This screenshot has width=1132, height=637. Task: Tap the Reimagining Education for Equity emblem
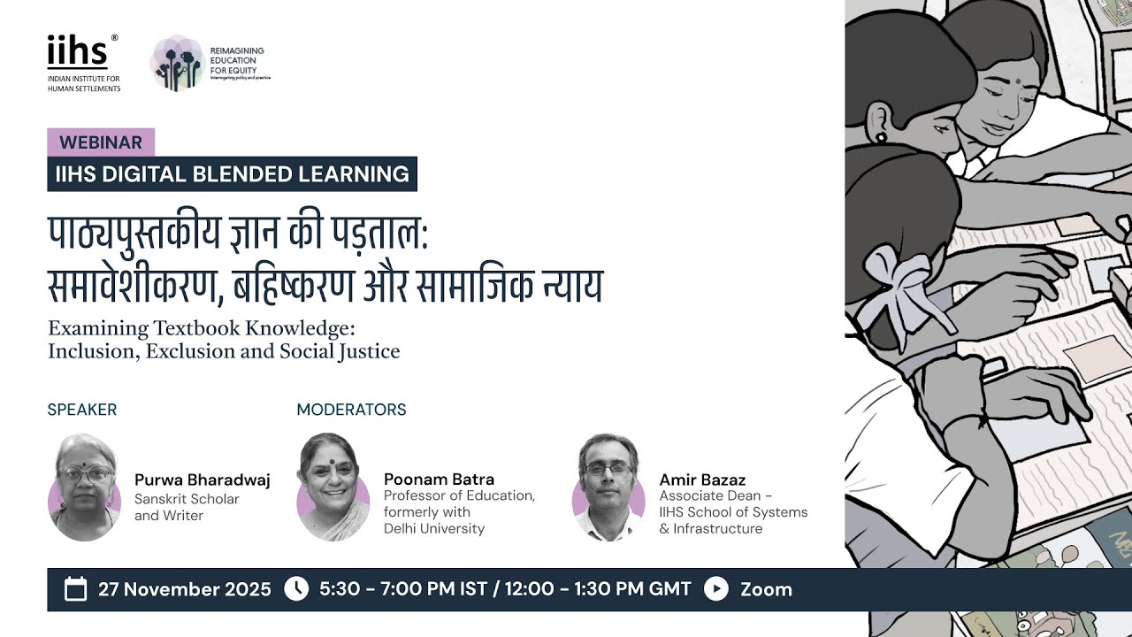(177, 63)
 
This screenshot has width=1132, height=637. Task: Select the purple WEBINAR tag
(101, 142)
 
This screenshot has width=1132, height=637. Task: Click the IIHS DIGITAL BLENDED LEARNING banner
(232, 174)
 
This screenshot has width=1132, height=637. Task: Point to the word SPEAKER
(82, 410)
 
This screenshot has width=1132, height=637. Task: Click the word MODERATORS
(351, 410)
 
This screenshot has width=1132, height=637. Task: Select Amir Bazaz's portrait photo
(608, 487)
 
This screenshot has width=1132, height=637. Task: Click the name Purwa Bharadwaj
(202, 480)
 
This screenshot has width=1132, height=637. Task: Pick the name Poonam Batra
(439, 480)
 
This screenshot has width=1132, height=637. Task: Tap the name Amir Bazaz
(702, 480)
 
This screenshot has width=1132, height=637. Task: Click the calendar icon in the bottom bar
(76, 589)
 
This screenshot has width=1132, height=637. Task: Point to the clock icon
(296, 589)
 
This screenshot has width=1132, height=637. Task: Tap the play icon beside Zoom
(716, 589)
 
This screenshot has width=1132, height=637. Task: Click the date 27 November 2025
(185, 589)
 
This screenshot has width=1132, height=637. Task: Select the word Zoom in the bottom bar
(766, 589)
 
